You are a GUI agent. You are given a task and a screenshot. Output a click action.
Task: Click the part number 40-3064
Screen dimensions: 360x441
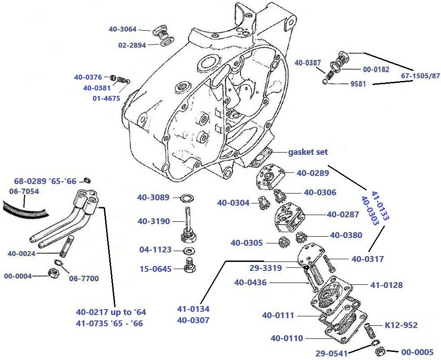click(x=123, y=29)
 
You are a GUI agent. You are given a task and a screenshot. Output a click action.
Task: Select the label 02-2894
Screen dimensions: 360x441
click(x=132, y=45)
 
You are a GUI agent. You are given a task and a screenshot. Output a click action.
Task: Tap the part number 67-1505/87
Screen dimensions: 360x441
click(x=420, y=76)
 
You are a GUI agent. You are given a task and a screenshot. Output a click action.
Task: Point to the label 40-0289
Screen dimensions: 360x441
click(x=312, y=172)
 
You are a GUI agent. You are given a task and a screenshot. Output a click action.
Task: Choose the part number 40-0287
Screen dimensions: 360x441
click(x=343, y=214)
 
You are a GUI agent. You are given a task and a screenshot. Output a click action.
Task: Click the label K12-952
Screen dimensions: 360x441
click(x=401, y=325)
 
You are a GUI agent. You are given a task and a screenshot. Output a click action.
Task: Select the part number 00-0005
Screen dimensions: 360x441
click(x=417, y=352)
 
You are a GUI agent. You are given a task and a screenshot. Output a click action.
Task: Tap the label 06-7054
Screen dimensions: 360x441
click(x=24, y=192)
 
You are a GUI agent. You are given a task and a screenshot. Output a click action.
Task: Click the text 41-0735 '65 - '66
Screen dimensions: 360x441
click(x=109, y=323)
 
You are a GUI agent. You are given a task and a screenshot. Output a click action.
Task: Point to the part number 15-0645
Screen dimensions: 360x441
click(x=155, y=269)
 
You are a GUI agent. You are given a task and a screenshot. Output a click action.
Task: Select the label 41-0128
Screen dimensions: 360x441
click(x=386, y=285)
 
